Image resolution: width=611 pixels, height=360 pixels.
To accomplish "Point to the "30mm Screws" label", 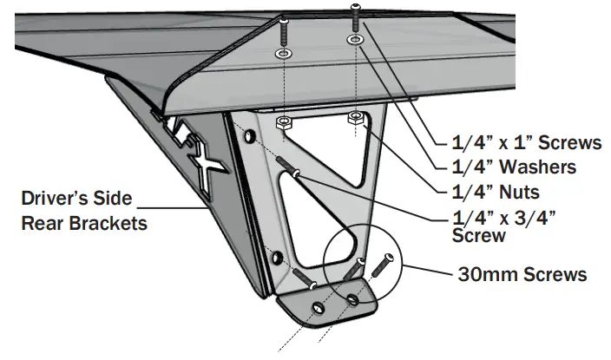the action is (x=522, y=275).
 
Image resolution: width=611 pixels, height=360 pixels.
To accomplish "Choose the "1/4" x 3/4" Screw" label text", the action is (x=506, y=224).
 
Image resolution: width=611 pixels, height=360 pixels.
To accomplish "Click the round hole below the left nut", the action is (x=251, y=139).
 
